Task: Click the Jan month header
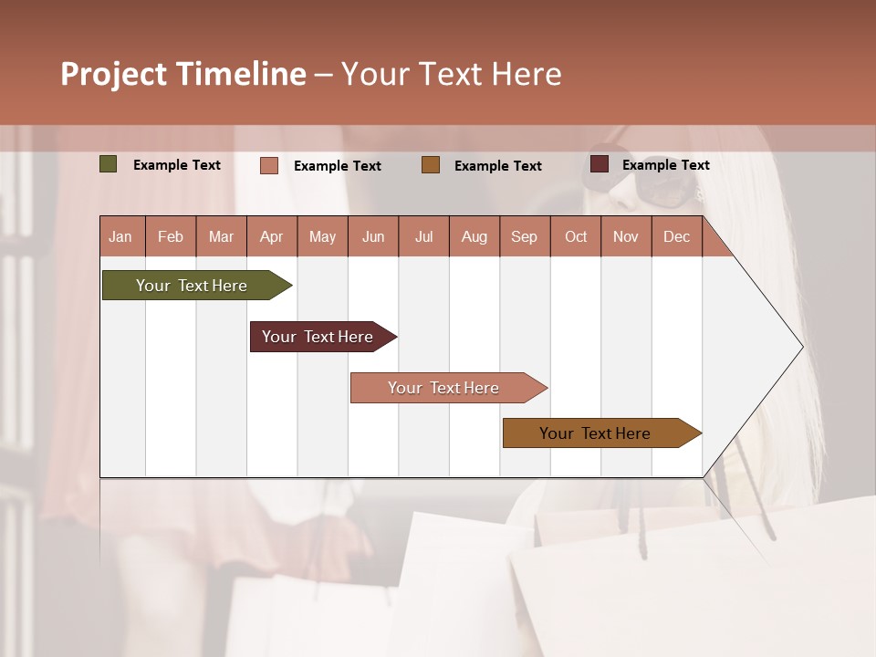click(120, 236)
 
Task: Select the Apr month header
click(272, 236)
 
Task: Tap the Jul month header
click(424, 236)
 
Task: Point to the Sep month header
click(524, 236)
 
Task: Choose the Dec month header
click(676, 236)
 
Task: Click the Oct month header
click(576, 236)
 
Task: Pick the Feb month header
click(171, 236)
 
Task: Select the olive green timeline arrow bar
click(192, 286)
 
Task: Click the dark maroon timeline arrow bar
click(318, 337)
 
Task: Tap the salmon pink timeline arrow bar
click(443, 388)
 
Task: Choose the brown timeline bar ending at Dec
click(595, 433)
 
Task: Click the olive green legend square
click(108, 164)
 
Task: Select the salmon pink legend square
click(268, 165)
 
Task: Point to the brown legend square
click(431, 165)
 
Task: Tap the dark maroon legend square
click(599, 164)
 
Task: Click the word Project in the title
click(112, 74)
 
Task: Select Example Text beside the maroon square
click(665, 165)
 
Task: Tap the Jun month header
click(373, 236)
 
